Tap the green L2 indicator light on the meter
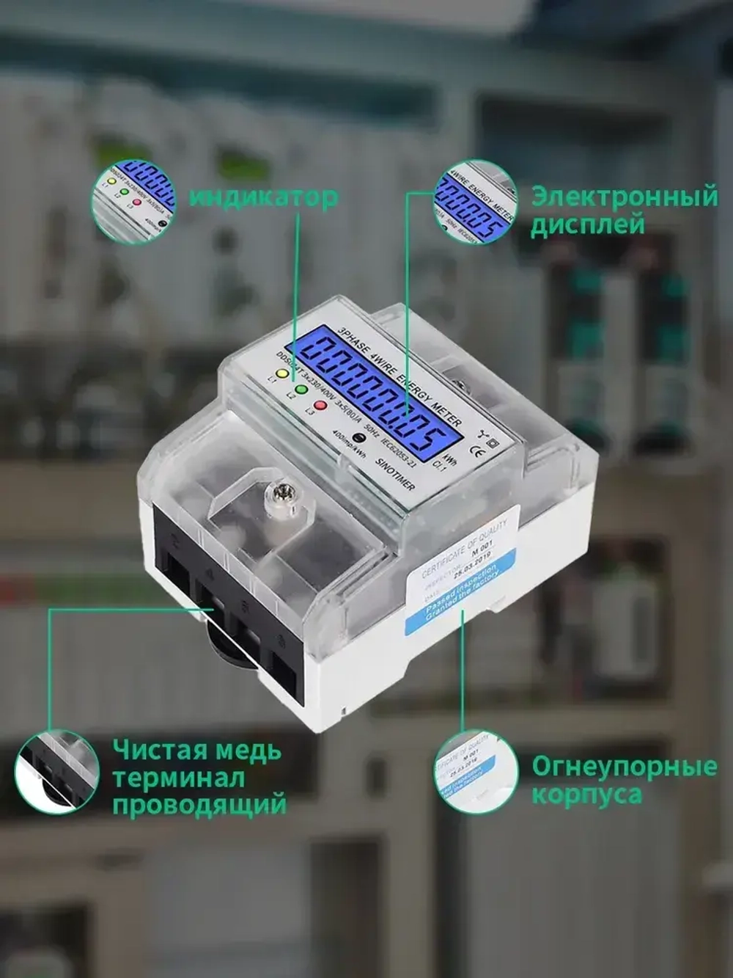[301, 388]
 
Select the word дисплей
[587, 225]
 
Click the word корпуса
[586, 795]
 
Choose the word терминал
[178, 778]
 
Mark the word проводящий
[199, 805]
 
